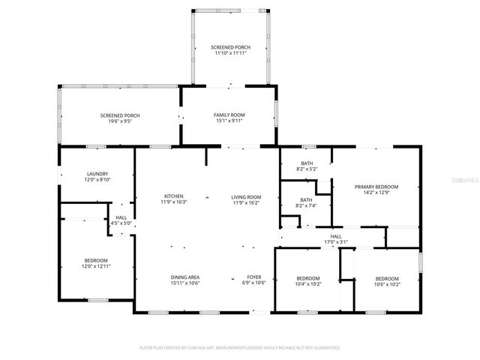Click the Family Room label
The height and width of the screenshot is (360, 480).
click(229, 115)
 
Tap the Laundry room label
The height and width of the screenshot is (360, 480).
click(97, 173)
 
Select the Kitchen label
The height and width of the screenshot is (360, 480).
click(173, 196)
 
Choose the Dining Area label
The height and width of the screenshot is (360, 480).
click(184, 277)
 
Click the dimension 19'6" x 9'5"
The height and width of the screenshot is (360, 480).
click(120, 121)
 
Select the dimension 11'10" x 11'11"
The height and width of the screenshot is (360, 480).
click(230, 53)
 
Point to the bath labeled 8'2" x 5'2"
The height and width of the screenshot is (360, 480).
click(307, 163)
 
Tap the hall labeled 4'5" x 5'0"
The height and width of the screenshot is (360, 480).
click(121, 217)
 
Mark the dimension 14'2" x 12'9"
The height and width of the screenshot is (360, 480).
click(376, 192)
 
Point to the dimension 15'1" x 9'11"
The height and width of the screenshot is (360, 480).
click(229, 121)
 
